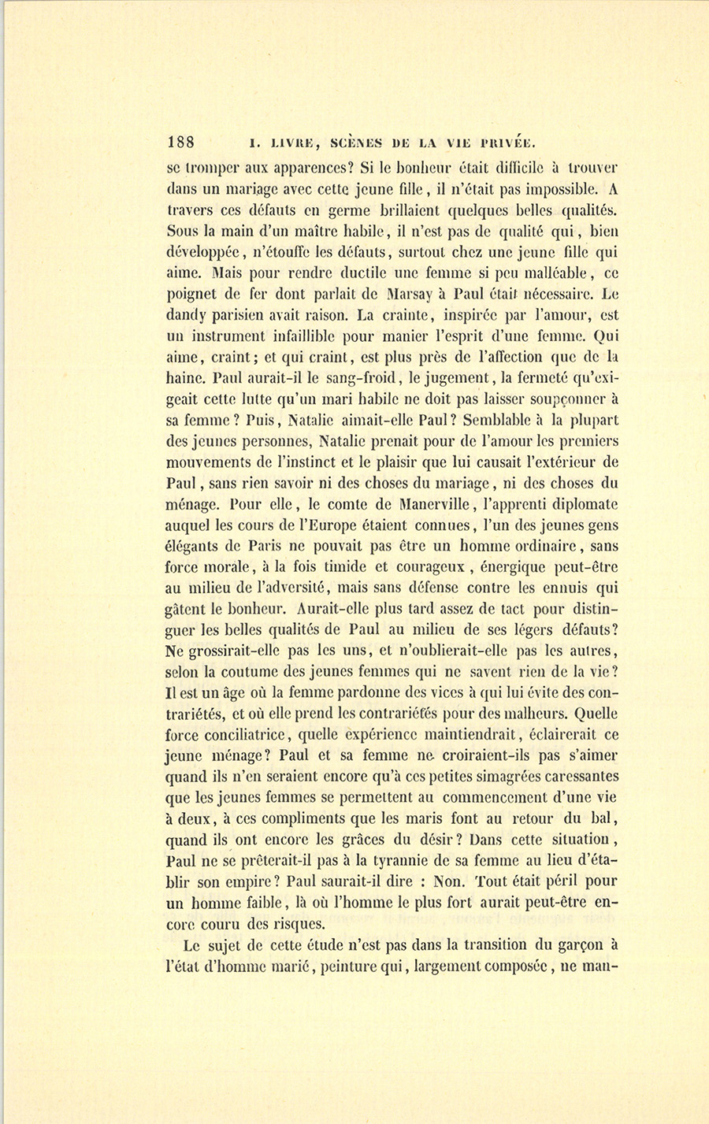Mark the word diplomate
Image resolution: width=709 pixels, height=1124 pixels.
click(577, 504)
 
